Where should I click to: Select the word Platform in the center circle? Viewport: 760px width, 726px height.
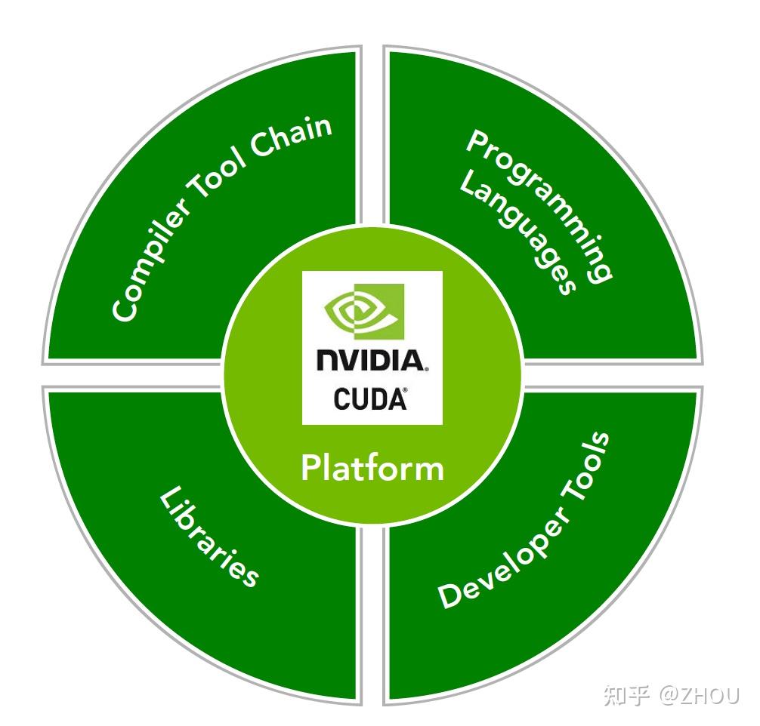click(372, 468)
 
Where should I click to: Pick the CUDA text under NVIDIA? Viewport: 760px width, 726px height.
click(369, 399)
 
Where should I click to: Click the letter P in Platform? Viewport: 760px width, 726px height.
click(310, 468)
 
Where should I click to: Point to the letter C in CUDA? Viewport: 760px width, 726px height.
click(342, 399)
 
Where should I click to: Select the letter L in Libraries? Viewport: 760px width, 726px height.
click(169, 500)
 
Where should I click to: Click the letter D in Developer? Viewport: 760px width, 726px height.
click(451, 596)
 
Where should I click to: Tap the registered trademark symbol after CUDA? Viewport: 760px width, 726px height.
click(405, 391)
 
